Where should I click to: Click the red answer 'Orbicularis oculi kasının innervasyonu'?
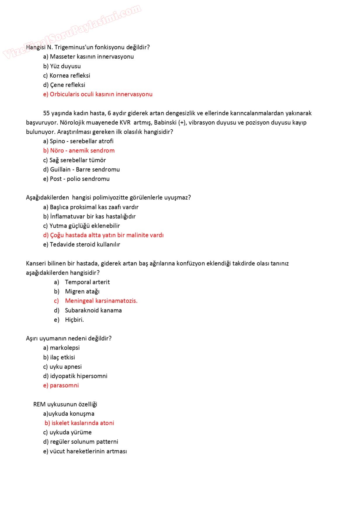point(98,94)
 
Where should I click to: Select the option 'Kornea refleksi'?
point(67,76)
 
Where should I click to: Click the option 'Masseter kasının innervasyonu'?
point(88,57)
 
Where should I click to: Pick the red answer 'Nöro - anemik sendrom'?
point(79,151)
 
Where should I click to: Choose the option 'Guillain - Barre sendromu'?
point(81,170)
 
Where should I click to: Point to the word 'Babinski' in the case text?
point(165,123)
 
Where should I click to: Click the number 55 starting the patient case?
point(46,113)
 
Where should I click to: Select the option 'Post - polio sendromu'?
point(76,179)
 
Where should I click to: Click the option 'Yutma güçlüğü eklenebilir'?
point(81,226)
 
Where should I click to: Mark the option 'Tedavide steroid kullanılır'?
point(81,245)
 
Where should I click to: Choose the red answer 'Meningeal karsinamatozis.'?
point(101,301)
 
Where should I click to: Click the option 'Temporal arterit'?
point(87,282)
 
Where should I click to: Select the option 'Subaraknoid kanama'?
point(93,311)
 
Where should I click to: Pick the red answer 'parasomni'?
point(61,386)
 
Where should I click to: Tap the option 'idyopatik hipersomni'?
point(75,376)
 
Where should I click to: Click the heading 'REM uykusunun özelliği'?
point(65,405)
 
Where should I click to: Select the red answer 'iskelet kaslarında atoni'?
point(79,423)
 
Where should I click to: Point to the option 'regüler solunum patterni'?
point(81,442)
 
